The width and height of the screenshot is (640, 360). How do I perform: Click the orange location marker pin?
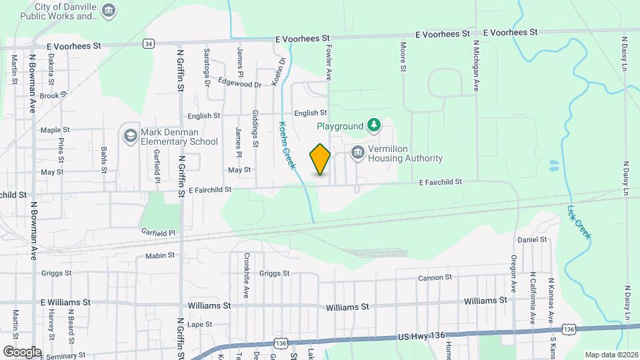coord(320,159)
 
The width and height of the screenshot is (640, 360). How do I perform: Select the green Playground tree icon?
coord(375,125)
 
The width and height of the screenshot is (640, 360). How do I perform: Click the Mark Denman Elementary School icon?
coord(129,136)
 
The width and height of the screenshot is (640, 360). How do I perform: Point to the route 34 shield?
coord(148,44)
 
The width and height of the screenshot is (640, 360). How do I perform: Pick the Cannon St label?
coord(435,277)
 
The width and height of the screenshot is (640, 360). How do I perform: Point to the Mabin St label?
coord(159,255)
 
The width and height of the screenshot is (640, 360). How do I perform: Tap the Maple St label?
coord(55,130)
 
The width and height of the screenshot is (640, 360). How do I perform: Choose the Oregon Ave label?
coord(514,274)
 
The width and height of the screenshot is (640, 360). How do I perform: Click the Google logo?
coord(22,351)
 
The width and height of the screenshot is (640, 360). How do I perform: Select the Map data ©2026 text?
coord(610,354)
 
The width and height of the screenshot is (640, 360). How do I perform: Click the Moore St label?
coord(403,58)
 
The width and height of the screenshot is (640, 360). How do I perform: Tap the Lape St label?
coord(199,325)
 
